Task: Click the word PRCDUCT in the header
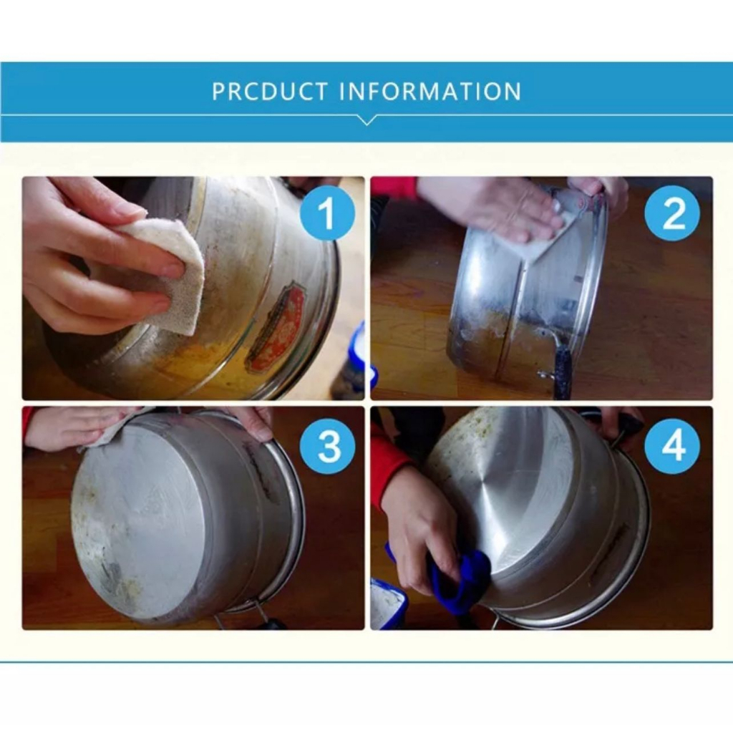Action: [x=270, y=92]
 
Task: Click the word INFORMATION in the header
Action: [x=429, y=92]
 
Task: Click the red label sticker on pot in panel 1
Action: [x=275, y=328]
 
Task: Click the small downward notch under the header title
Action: [x=366, y=120]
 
